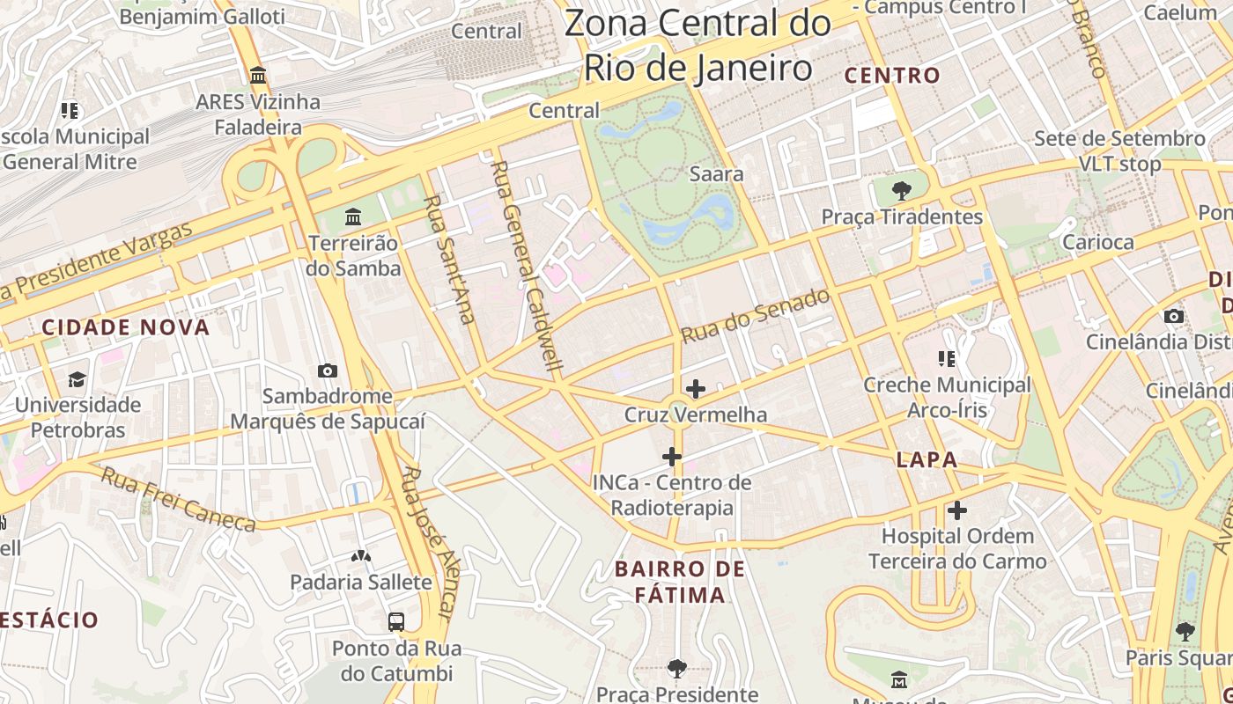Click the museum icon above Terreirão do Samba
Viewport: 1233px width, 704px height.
click(x=353, y=216)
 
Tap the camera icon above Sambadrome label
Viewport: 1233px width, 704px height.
click(x=328, y=370)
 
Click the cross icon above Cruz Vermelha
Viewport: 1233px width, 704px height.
click(x=696, y=388)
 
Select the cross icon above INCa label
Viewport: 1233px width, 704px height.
click(x=672, y=457)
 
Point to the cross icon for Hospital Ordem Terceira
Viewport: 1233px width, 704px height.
click(x=957, y=510)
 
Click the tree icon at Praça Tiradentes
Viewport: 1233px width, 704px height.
click(x=901, y=190)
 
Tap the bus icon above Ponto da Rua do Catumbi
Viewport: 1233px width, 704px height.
click(x=396, y=622)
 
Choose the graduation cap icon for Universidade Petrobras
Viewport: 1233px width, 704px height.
click(x=78, y=379)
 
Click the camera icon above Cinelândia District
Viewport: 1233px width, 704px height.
click(x=1173, y=316)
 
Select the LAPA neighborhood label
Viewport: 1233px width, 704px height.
click(x=927, y=459)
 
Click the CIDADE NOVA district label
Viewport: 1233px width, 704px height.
click(x=126, y=327)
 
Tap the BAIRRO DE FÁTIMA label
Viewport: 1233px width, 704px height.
click(x=680, y=582)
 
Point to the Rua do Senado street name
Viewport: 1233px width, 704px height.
click(x=756, y=316)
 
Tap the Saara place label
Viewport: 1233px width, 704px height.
click(x=716, y=174)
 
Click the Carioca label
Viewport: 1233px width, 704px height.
click(x=1097, y=242)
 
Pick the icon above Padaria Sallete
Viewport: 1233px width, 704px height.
click(x=361, y=556)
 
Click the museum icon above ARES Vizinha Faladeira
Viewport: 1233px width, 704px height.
click(x=258, y=76)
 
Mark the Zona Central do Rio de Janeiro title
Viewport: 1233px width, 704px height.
click(x=698, y=46)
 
